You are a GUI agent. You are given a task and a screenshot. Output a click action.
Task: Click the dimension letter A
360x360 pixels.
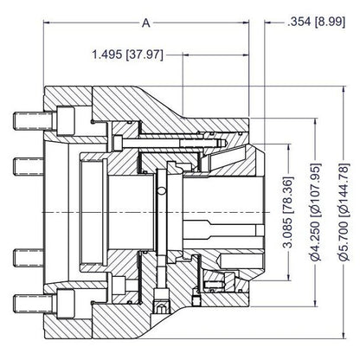pos(146,22)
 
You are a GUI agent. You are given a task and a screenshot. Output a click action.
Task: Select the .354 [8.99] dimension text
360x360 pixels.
pos(316,22)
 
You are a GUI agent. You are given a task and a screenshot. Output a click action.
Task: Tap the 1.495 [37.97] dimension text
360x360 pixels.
pos(128,55)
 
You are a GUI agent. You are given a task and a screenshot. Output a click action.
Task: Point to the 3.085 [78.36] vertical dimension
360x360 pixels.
pos(288,212)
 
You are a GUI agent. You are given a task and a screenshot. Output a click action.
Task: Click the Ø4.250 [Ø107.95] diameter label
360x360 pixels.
pos(317,212)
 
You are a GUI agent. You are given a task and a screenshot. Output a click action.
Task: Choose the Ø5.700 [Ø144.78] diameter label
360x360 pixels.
pos(344,212)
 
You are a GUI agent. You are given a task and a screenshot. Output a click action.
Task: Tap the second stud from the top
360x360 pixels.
pos(29,167)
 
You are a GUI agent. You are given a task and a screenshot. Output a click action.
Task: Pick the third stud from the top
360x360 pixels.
pos(29,258)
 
